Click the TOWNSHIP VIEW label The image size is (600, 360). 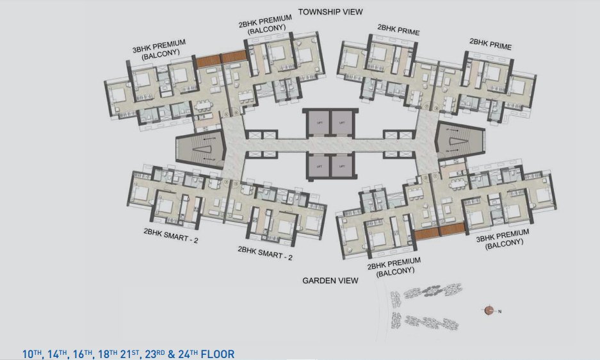(330, 12)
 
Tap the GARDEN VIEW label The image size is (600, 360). (330, 281)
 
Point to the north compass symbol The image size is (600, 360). (490, 311)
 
